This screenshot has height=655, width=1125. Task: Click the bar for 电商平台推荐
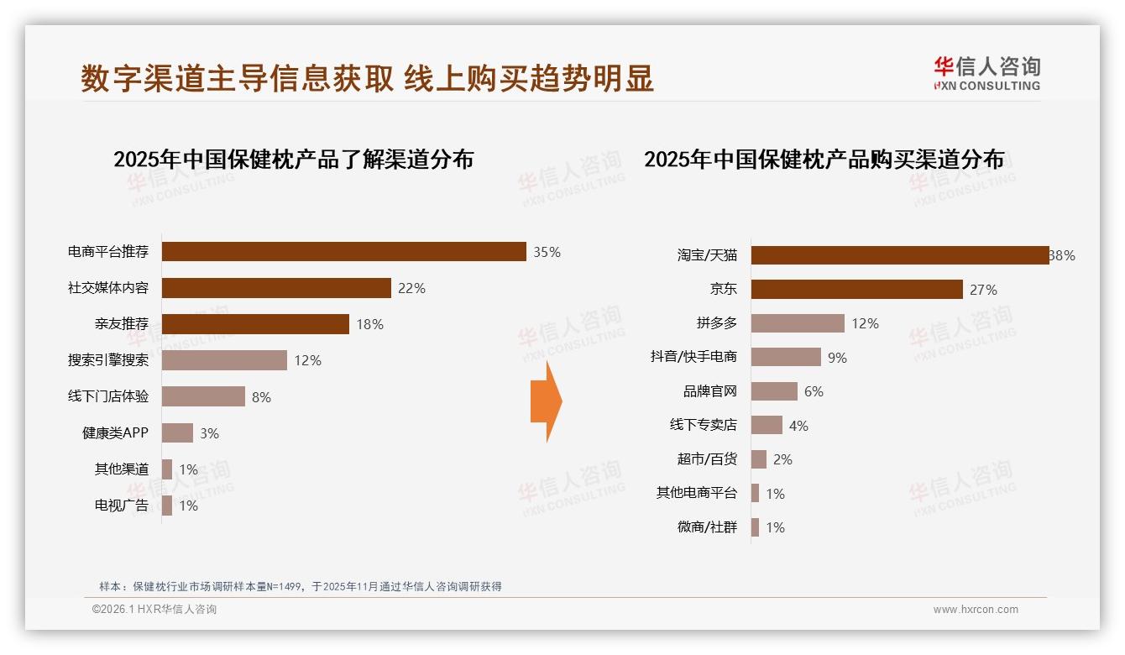[x=343, y=252]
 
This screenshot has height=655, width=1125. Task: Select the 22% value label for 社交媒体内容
[x=411, y=288]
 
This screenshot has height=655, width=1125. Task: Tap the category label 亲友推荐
[x=121, y=324]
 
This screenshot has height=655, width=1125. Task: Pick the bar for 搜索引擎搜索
[x=224, y=360]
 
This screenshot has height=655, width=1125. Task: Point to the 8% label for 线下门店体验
[x=261, y=397]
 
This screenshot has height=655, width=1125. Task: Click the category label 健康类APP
[x=115, y=433]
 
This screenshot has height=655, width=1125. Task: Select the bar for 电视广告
[x=167, y=506]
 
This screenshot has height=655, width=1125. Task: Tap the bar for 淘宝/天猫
[x=899, y=255]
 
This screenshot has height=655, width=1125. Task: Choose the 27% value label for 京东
[x=983, y=290]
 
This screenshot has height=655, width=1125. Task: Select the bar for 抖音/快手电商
[x=786, y=357]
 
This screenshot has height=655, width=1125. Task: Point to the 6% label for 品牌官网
[x=813, y=391]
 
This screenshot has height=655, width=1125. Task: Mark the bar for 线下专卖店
[x=767, y=426]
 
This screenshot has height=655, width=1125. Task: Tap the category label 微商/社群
[x=707, y=527]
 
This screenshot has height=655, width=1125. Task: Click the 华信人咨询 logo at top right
[x=986, y=73]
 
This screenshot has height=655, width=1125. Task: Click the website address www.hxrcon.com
[x=976, y=610]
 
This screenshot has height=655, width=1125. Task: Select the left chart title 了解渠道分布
[x=293, y=160]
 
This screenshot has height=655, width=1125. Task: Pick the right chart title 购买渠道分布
[x=824, y=160]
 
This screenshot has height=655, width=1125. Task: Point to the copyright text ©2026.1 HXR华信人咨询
[x=154, y=610]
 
